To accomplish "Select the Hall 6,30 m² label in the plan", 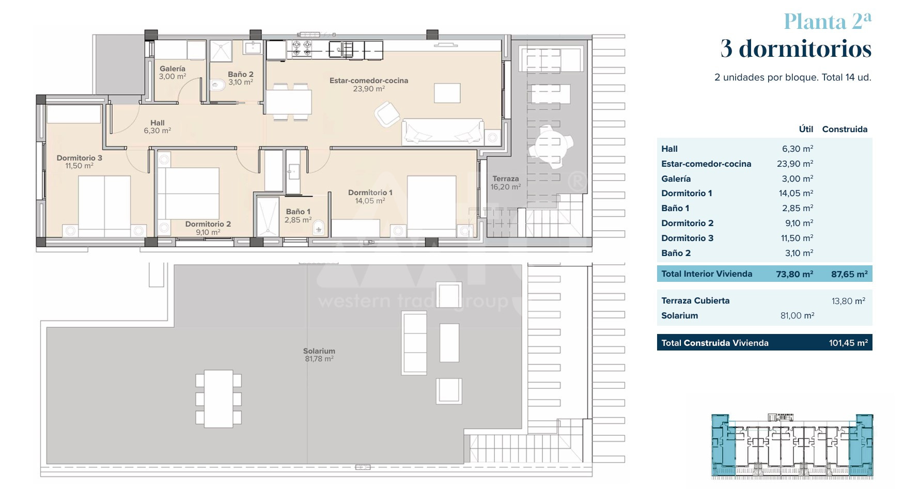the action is coord(158,127).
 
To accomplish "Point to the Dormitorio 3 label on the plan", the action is coord(80,158).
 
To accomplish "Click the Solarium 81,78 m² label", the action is coord(319,355).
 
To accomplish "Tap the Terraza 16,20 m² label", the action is coord(506,183).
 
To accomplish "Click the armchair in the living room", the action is coord(387,114).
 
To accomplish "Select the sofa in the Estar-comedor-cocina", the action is coord(443,132).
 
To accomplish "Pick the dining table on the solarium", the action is coord(219,399).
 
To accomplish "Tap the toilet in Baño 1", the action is coord(319,227).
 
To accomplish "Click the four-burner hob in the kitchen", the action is coord(302,49).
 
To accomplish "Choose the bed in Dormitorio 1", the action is coord(432,206).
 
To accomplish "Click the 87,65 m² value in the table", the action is coord(849,274).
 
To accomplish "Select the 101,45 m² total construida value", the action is coord(848,343).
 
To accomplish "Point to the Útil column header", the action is coord(806,129).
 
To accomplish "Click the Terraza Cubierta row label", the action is coord(695,300).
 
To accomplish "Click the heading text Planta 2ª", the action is coord(828,21).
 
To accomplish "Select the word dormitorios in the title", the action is coord(805,49).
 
